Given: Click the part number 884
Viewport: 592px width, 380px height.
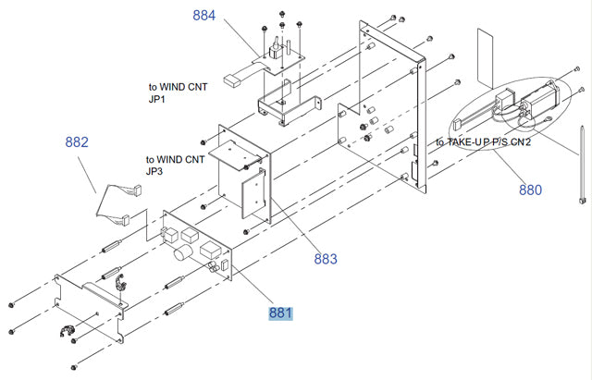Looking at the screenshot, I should tap(204, 15).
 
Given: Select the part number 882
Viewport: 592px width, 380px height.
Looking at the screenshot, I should tap(77, 142).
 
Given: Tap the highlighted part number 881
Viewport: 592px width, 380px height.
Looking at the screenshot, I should tap(280, 313).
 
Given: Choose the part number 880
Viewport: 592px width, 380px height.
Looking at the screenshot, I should tap(530, 190).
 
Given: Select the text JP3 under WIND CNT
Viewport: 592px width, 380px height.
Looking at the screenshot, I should tap(156, 171).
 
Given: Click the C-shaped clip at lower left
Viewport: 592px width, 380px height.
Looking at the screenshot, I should tap(67, 333).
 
